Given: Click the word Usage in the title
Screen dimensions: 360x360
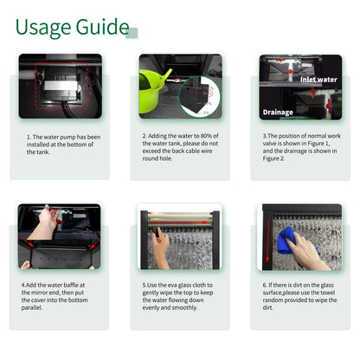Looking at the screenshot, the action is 43,28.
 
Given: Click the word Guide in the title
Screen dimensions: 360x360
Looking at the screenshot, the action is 102,27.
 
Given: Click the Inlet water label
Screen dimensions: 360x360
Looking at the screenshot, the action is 318,80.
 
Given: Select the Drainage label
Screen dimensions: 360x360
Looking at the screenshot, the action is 278,112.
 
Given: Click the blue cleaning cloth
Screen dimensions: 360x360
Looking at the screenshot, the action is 292,241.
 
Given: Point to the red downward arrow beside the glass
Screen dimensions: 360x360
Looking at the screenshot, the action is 267,241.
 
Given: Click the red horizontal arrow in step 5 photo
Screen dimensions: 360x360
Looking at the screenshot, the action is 178,222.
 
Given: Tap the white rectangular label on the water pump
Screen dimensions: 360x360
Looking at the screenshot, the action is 61,86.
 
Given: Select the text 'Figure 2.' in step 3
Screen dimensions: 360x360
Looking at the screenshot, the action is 273,158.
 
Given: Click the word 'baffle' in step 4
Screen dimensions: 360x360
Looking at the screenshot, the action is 70,285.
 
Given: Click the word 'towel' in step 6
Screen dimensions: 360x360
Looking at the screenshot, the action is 328,292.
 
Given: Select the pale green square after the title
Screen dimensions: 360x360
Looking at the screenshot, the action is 132,33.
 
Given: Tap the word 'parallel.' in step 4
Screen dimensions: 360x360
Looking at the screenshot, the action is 32,308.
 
